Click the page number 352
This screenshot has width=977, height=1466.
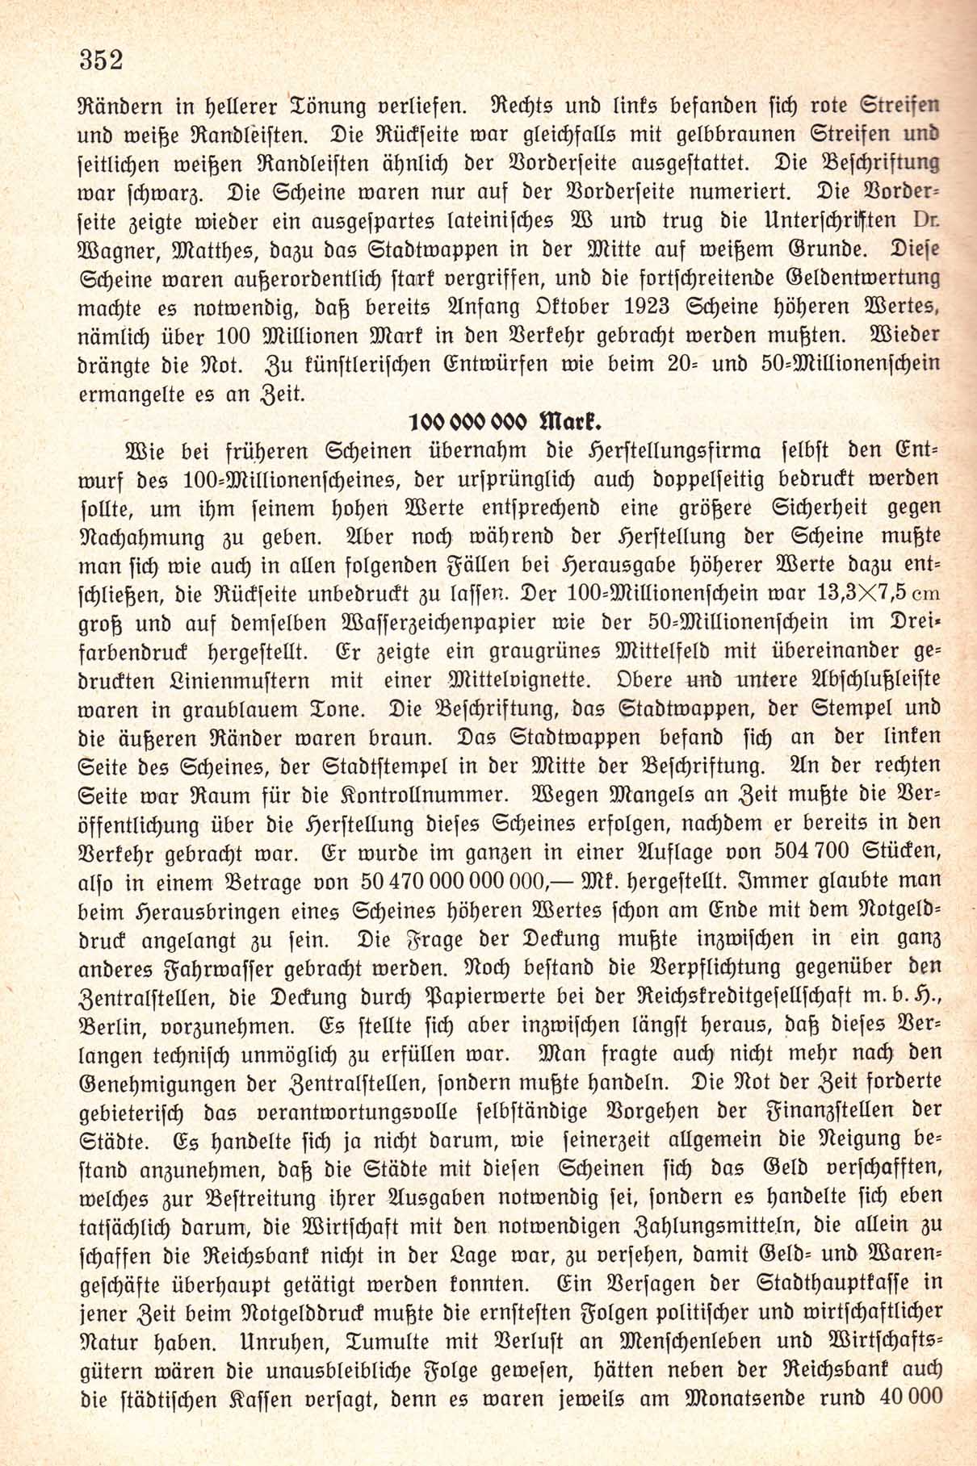101,60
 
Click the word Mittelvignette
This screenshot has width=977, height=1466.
520,680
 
